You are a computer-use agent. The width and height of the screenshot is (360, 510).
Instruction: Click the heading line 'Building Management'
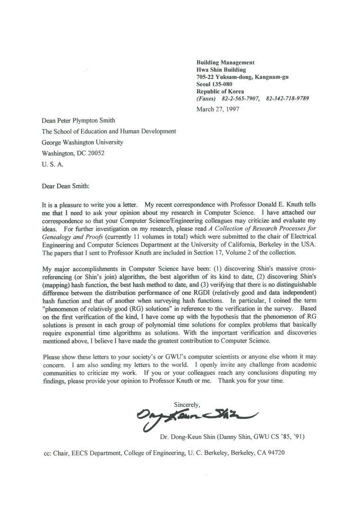[x=225, y=62]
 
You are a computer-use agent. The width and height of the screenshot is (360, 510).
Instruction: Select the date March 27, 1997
[x=218, y=108]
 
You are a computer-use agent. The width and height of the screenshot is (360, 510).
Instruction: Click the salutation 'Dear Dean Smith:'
[x=66, y=185]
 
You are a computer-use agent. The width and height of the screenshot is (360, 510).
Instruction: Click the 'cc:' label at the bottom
[x=47, y=452]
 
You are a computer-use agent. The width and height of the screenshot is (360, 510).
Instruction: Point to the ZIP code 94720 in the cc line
[x=275, y=452]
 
